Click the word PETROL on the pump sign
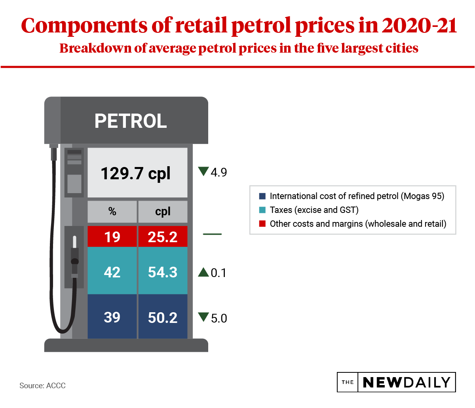tap(131, 121)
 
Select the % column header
tap(112, 212)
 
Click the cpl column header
tap(163, 212)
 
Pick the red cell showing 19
tap(112, 237)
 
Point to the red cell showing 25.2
tap(163, 237)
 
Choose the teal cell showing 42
tap(112, 272)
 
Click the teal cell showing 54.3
tap(163, 272)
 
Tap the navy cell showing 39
tap(112, 317)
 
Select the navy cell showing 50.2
tap(163, 317)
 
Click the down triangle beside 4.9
tap(203, 171)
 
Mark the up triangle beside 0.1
tap(203, 272)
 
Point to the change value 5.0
tap(219, 318)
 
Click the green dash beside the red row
tap(212, 234)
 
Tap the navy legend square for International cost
tap(262, 196)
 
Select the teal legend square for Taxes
tap(262, 210)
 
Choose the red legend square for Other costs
tap(262, 224)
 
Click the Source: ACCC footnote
tap(42, 385)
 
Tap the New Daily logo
tap(396, 382)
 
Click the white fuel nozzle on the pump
tap(74, 242)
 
